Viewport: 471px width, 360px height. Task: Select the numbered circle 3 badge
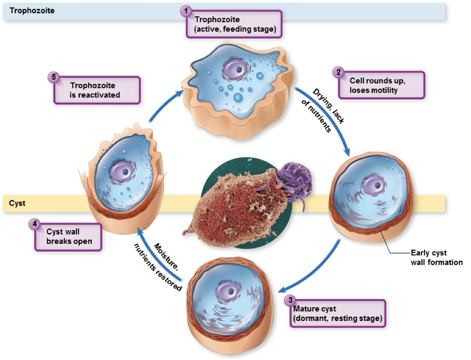coord(290,300)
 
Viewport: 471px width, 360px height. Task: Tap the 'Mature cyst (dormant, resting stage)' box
coord(338,314)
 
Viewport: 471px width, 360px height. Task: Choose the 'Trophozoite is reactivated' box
coord(97,90)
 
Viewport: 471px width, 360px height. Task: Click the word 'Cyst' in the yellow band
coord(17,203)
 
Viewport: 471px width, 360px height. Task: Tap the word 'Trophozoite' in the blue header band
coord(30,10)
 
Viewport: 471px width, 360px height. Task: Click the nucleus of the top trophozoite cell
coord(237,69)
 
